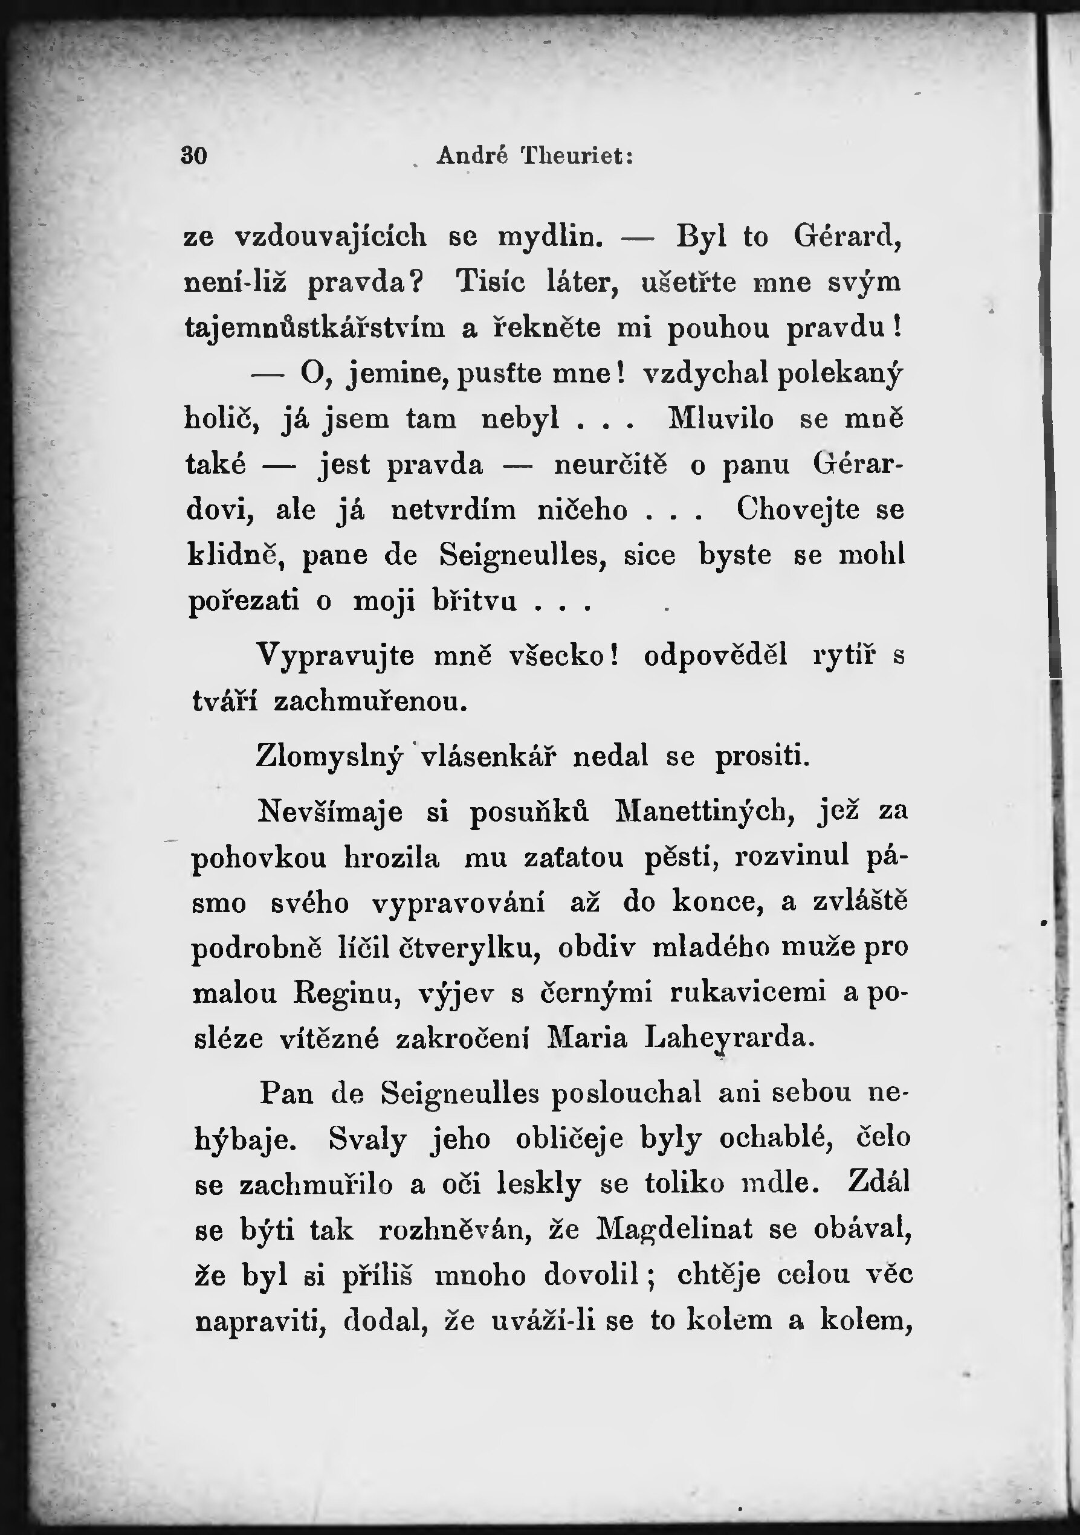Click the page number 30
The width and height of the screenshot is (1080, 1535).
click(x=194, y=156)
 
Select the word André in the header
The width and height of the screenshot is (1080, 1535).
click(x=472, y=156)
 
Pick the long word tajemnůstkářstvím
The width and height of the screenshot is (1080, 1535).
click(x=314, y=328)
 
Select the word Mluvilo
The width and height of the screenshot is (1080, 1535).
click(x=721, y=419)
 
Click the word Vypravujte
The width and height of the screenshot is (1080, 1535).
click(x=335, y=656)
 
